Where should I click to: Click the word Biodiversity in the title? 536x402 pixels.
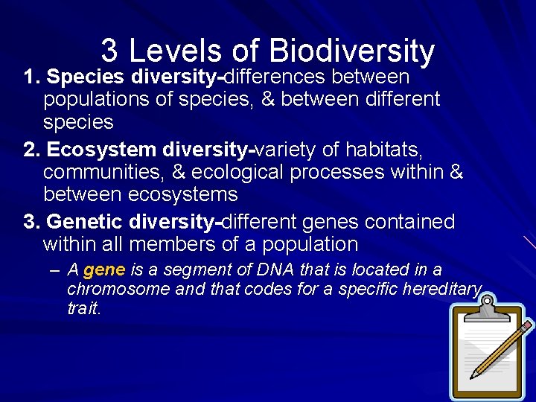352,51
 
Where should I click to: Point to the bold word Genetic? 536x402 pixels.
83,223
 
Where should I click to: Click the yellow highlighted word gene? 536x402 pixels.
104,270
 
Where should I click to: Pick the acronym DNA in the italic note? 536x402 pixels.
272,270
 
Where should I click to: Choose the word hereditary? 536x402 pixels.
444,289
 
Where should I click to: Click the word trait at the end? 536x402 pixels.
83,308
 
